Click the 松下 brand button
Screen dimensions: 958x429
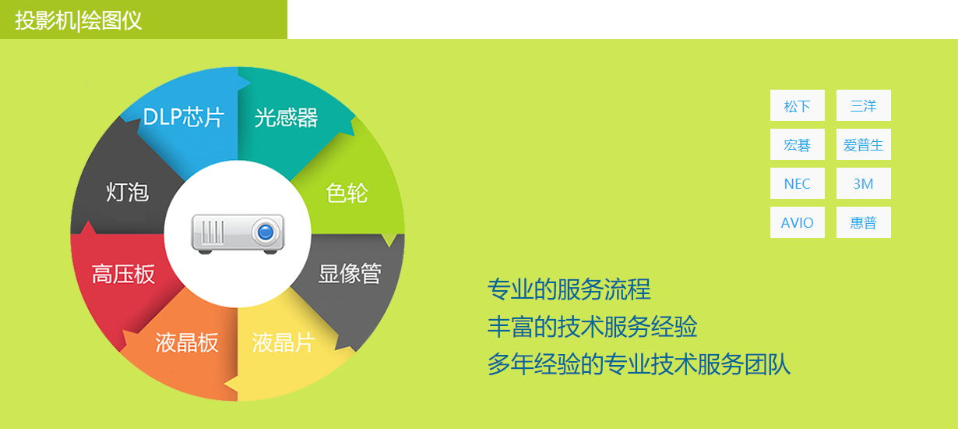click(x=798, y=105)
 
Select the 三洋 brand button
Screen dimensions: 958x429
click(x=864, y=105)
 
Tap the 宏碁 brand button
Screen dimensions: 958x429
click(x=798, y=144)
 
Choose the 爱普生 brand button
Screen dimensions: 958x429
click(x=864, y=144)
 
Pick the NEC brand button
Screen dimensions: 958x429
click(x=798, y=183)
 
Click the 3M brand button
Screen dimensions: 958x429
click(x=864, y=183)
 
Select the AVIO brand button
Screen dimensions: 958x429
click(x=798, y=222)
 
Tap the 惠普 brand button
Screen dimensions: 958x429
click(x=864, y=222)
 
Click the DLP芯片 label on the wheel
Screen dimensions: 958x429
click(x=184, y=117)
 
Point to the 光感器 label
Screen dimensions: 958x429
click(x=286, y=117)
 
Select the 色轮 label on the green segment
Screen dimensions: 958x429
click(x=347, y=193)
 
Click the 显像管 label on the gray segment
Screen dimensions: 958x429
click(x=350, y=273)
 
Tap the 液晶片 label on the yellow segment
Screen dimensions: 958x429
click(x=284, y=342)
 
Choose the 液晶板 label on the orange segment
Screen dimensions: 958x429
click(x=187, y=342)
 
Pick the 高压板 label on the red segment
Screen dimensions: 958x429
click(x=123, y=274)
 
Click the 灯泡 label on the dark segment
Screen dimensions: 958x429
click(x=128, y=191)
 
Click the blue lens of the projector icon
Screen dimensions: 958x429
click(x=266, y=232)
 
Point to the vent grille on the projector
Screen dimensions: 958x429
click(x=213, y=232)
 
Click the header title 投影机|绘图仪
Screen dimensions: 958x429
click(x=78, y=20)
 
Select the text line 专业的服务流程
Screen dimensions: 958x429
click(x=569, y=289)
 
